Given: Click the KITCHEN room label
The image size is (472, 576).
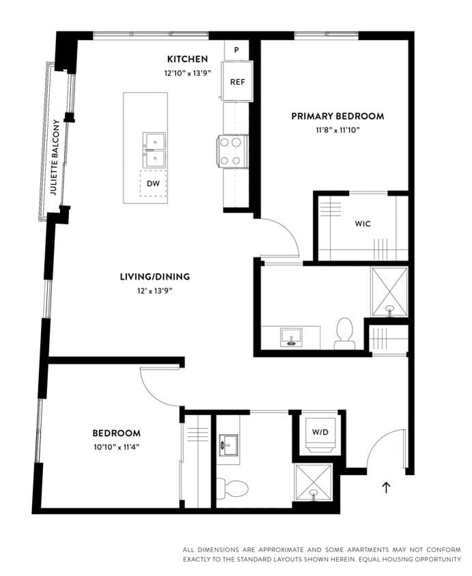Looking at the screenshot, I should pyautogui.click(x=187, y=59).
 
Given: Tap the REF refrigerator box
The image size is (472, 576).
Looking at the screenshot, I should pyautogui.click(x=237, y=81).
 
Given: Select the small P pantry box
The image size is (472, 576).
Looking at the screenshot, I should pyautogui.click(x=236, y=50).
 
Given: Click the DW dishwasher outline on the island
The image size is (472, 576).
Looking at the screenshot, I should pyautogui.click(x=153, y=184).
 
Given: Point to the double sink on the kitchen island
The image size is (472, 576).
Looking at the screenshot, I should pyautogui.click(x=154, y=149).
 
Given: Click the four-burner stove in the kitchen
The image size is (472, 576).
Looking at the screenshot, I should pyautogui.click(x=232, y=151).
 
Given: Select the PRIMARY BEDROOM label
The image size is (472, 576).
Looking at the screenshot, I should pyautogui.click(x=337, y=116).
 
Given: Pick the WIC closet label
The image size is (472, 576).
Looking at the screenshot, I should pyautogui.click(x=363, y=223).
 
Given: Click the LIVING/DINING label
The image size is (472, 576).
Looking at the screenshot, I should pyautogui.click(x=154, y=276).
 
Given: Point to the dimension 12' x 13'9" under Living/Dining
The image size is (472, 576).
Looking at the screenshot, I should pyautogui.click(x=154, y=290).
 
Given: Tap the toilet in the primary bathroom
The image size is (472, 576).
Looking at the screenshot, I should pyautogui.click(x=344, y=333).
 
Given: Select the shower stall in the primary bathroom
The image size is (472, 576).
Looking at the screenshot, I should pyautogui.click(x=389, y=292).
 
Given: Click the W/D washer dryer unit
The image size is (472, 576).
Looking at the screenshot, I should pyautogui.click(x=320, y=433).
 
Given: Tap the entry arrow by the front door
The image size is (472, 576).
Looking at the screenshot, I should pyautogui.click(x=387, y=487).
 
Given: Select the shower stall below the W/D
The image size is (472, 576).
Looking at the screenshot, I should pyautogui.click(x=313, y=483).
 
